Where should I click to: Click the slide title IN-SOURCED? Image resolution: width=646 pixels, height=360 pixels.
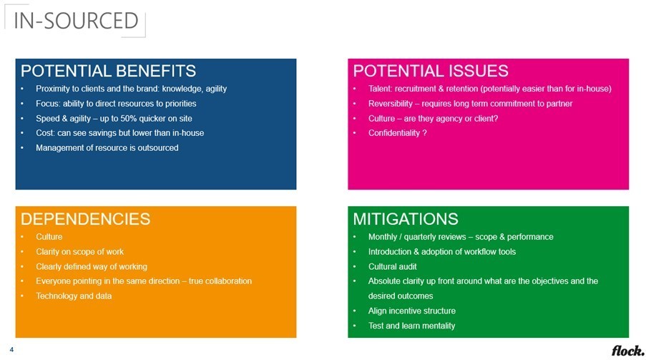[x=76, y=21]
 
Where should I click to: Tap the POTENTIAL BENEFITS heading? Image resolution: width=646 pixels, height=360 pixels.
[x=108, y=71]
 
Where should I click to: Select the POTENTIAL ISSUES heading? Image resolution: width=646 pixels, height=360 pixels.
[x=431, y=71]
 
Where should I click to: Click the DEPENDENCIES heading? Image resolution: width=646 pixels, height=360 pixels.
[x=85, y=219]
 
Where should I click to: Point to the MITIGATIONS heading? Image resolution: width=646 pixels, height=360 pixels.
[x=406, y=219]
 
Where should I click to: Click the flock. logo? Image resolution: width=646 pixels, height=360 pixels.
[x=627, y=351]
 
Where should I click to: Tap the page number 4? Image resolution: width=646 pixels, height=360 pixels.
[x=11, y=350]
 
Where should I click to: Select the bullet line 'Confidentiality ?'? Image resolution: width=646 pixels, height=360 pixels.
[x=397, y=133]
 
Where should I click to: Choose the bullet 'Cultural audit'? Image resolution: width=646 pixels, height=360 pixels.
[x=392, y=266]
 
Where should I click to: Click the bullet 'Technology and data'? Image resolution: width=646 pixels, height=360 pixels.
[x=74, y=296]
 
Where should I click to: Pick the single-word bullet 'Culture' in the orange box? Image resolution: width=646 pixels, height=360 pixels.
[x=49, y=237]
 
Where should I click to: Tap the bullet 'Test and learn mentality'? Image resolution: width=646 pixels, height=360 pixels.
[x=411, y=326]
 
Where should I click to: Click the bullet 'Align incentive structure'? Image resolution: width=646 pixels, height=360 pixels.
[x=411, y=311]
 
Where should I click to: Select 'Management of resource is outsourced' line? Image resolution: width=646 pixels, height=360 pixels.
[x=107, y=147]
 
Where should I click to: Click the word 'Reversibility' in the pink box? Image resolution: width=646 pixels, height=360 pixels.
[x=390, y=104]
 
